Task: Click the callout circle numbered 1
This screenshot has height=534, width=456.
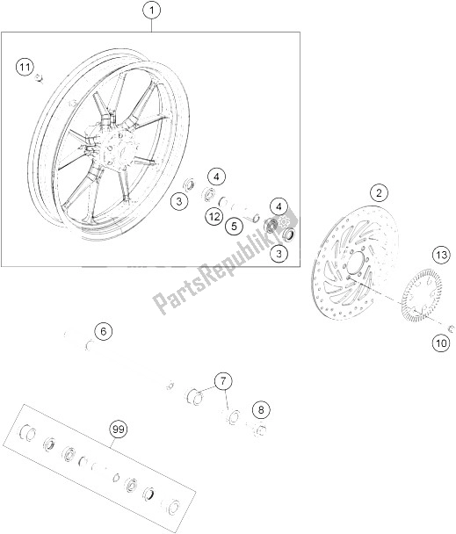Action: pos(152,11)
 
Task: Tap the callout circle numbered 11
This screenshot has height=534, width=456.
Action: pos(25,67)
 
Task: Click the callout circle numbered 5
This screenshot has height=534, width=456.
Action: pos(233,226)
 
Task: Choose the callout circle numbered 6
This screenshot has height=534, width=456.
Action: pos(103,331)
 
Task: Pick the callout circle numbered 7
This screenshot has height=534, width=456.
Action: pos(224,381)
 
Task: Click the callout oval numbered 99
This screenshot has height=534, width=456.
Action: pos(117,429)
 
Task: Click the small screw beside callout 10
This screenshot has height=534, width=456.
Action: pos(448,328)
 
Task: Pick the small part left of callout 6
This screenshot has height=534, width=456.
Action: pos(67,334)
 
